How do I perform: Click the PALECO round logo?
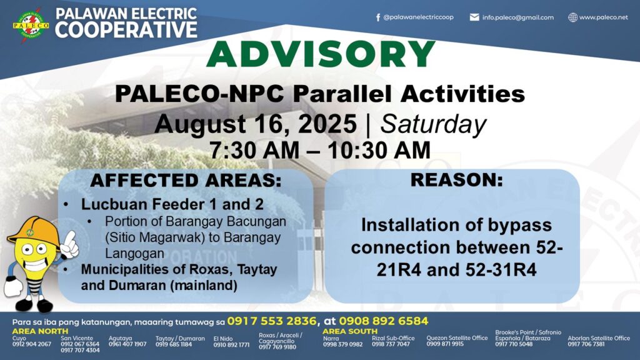[x=31, y=25]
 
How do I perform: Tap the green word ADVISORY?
[x=321, y=54]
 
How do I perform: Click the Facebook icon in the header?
[x=378, y=17]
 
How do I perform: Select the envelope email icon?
[x=474, y=17]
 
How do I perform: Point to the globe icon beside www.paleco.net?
[x=573, y=17]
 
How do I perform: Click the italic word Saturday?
[x=433, y=124]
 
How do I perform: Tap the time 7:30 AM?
[x=255, y=150]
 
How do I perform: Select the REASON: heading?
[x=457, y=180]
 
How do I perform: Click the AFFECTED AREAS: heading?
[x=186, y=181]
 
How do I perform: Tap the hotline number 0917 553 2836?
[x=272, y=321]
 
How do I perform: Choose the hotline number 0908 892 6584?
[x=384, y=321]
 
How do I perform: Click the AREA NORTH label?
[x=40, y=331]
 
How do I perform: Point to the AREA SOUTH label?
[x=350, y=331]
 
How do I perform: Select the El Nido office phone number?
[x=231, y=344]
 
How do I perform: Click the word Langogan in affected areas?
[x=135, y=254]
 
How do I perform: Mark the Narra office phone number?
[x=343, y=344]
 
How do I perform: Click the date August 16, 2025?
[x=256, y=124]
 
